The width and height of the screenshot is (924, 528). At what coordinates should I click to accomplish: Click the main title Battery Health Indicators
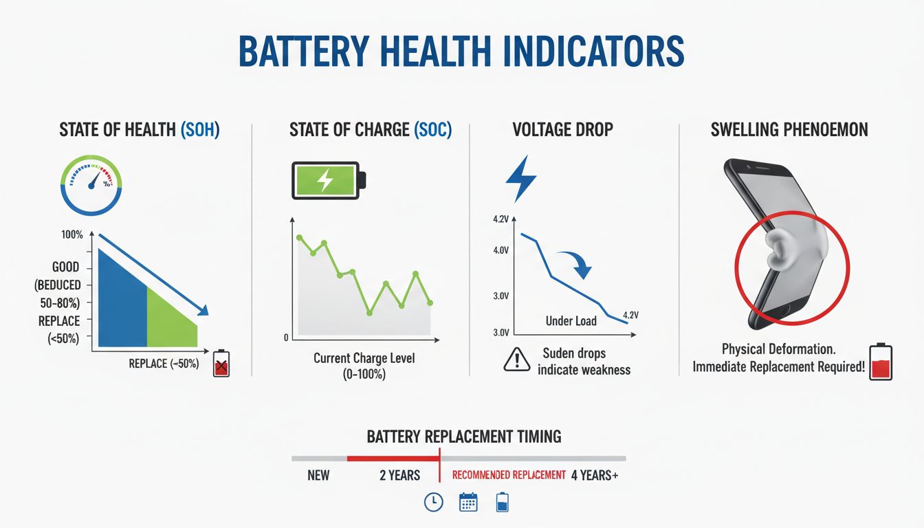pyautogui.click(x=461, y=52)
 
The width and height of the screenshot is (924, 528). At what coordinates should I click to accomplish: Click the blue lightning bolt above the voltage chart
pyautogui.click(x=521, y=179)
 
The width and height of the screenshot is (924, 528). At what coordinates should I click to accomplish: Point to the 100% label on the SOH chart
pyautogui.click(x=71, y=235)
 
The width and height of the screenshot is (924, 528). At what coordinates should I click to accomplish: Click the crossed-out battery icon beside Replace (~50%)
pyautogui.click(x=221, y=364)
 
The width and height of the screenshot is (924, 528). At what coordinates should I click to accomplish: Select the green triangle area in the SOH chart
pyautogui.click(x=170, y=318)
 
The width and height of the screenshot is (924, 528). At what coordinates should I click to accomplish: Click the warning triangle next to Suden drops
pyautogui.click(x=517, y=360)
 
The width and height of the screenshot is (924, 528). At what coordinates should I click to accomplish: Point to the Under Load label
pyautogui.click(x=571, y=321)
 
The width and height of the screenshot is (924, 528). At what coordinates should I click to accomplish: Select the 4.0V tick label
pyautogui.click(x=500, y=250)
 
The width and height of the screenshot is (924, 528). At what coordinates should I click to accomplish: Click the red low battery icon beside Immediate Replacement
pyautogui.click(x=881, y=362)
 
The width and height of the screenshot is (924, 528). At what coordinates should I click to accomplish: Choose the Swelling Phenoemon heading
pyautogui.click(x=790, y=130)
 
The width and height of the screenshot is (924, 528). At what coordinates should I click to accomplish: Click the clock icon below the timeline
pyautogui.click(x=433, y=503)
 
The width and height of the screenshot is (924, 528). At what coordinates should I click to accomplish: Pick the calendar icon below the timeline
pyautogui.click(x=468, y=503)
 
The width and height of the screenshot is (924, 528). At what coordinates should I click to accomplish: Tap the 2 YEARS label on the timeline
pyautogui.click(x=399, y=475)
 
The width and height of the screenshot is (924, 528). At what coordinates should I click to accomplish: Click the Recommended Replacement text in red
pyautogui.click(x=509, y=475)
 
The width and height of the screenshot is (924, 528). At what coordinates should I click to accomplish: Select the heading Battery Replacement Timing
pyautogui.click(x=464, y=437)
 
